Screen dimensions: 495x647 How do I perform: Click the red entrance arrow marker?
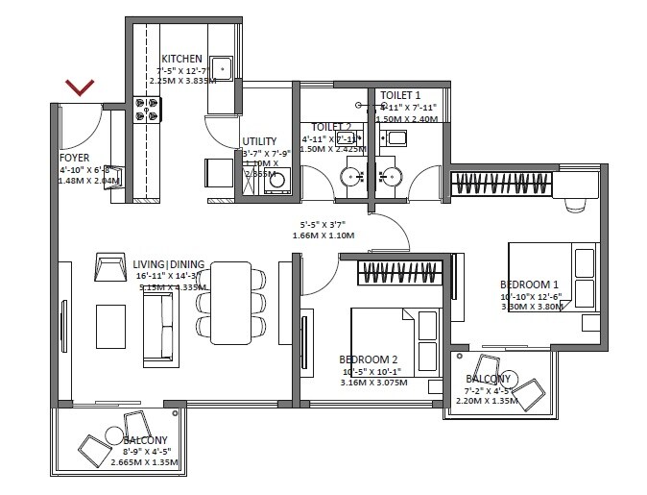pyautogui.click(x=80, y=88)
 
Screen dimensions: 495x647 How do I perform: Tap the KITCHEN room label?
pyautogui.click(x=181, y=59)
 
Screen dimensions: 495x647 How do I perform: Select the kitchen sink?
pyautogui.click(x=223, y=68)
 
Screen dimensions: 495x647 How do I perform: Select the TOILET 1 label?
pyautogui.click(x=400, y=94)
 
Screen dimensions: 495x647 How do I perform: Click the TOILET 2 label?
pyautogui.click(x=330, y=127)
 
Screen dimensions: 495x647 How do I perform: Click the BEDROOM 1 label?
pyautogui.click(x=529, y=285)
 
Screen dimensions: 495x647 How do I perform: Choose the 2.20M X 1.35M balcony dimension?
pyautogui.click(x=490, y=402)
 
